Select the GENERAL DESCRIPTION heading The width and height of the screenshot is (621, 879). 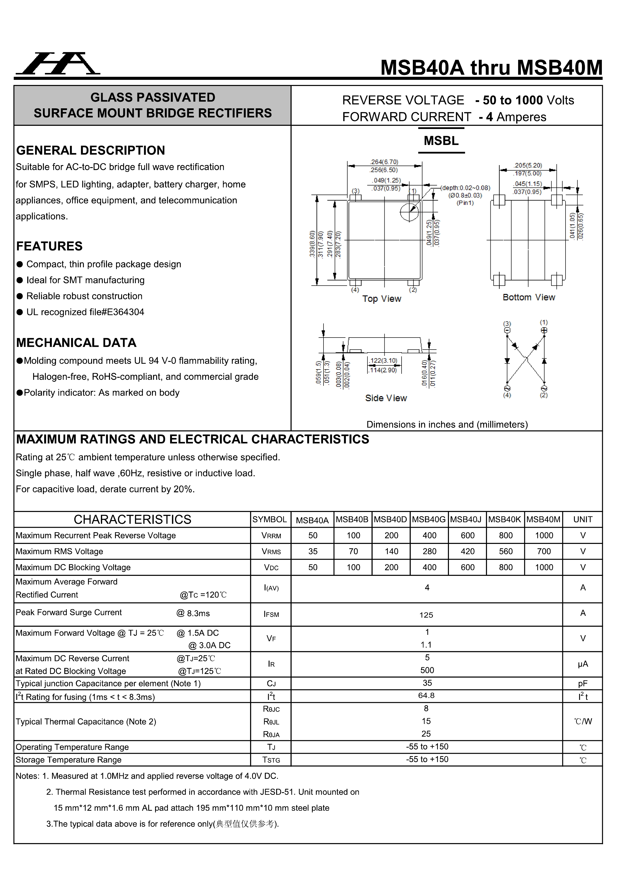[x=90, y=150]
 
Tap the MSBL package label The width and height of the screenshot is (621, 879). [x=441, y=141]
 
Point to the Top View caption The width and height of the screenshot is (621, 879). [x=381, y=299]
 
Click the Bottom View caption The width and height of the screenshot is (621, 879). [x=528, y=298]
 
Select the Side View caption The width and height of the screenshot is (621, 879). [x=386, y=398]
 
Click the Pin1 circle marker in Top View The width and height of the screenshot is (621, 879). [x=409, y=212]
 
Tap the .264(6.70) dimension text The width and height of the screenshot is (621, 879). [x=384, y=162]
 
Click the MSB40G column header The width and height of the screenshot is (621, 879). [x=429, y=520]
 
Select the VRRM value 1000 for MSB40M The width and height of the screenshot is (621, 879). [x=544, y=536]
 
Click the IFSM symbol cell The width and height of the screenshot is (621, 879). [x=271, y=614]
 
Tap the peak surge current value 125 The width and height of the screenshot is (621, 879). [x=426, y=615]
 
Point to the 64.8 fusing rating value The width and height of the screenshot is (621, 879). [x=426, y=696]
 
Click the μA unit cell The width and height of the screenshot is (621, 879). [x=582, y=664]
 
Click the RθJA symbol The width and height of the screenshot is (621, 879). [x=271, y=734]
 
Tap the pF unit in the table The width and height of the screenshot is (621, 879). [x=582, y=683]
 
